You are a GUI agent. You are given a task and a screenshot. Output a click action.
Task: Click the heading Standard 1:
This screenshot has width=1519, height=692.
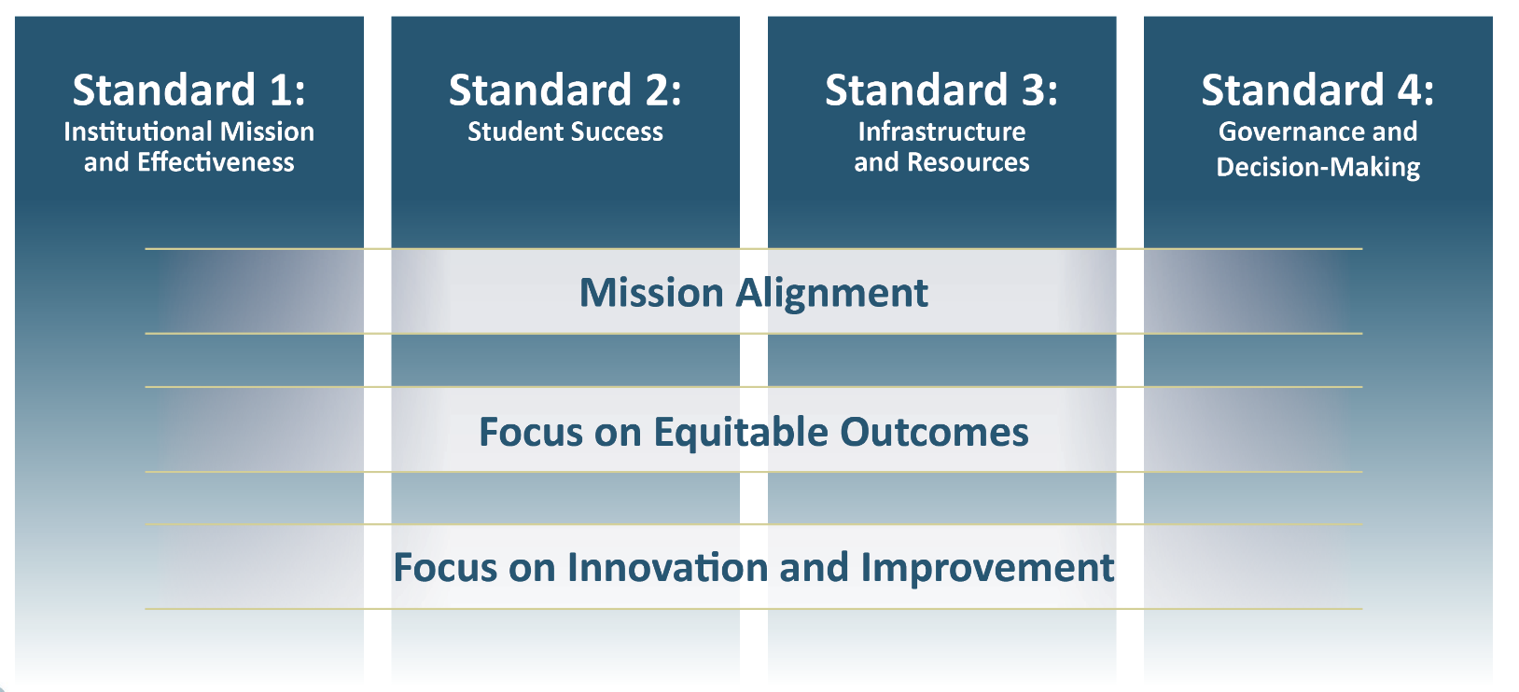(x=189, y=90)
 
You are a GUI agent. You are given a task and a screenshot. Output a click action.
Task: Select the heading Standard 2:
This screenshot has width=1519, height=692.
(x=565, y=90)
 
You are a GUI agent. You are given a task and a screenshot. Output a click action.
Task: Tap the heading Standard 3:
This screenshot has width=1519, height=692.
(x=941, y=90)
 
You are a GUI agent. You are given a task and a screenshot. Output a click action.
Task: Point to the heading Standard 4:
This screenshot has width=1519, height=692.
(x=1317, y=90)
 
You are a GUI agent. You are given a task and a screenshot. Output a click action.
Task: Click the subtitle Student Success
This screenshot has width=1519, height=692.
(x=565, y=132)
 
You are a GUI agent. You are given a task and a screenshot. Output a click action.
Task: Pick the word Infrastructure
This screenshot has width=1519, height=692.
(x=941, y=132)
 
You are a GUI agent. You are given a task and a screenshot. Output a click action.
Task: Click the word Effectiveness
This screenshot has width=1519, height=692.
(x=216, y=163)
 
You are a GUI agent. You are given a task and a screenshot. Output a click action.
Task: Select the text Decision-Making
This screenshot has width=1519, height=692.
(x=1317, y=168)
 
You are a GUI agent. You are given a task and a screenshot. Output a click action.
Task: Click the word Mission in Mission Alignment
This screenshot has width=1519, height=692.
(x=651, y=293)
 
